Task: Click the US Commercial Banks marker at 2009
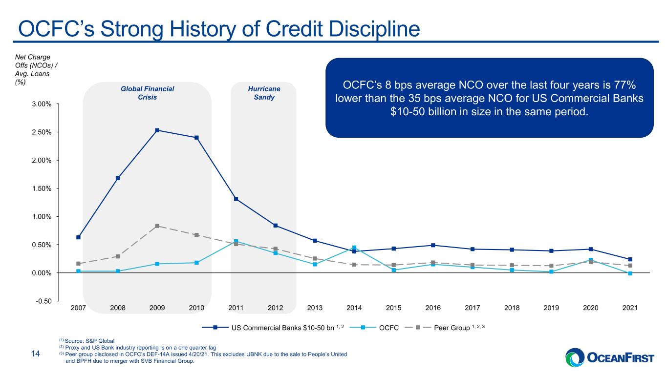(157, 130)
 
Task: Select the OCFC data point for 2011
(236, 241)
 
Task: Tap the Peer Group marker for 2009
(157, 226)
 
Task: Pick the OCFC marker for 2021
(630, 273)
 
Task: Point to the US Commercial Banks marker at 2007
(78, 237)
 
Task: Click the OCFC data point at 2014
(354, 248)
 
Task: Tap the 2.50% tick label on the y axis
(42, 132)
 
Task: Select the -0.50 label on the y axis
(44, 301)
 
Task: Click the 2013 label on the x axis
(315, 308)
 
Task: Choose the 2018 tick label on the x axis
(512, 308)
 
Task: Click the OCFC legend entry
(374, 328)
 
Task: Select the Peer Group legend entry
(445, 328)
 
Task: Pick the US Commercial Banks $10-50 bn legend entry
(273, 328)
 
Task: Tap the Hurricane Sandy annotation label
(264, 93)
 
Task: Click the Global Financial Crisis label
(148, 93)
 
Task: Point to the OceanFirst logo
(610, 357)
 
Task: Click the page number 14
(36, 354)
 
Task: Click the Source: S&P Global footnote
(86, 341)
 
